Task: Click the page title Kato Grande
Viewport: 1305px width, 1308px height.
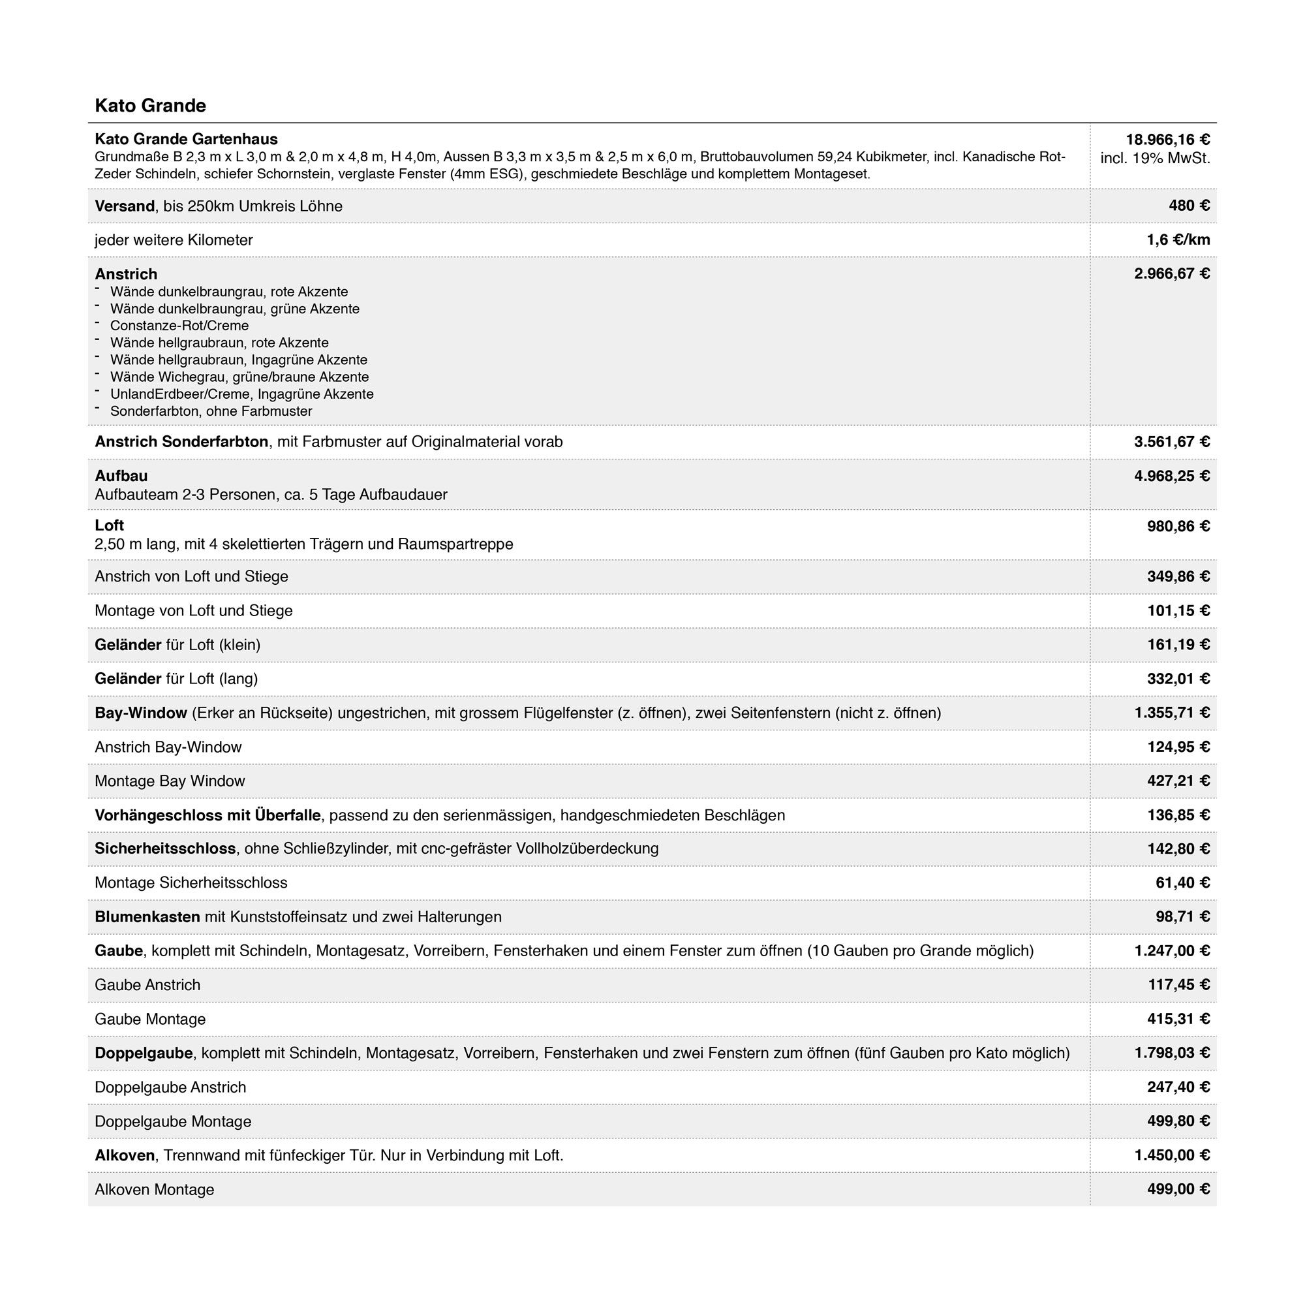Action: point(150,106)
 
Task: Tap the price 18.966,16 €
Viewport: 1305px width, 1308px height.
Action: point(1167,140)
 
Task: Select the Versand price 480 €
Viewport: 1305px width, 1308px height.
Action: point(1189,206)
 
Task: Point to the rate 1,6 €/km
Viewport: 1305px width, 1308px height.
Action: point(1178,240)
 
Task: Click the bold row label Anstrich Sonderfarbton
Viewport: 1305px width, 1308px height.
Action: point(181,442)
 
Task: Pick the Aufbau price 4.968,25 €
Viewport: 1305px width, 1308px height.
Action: point(1172,476)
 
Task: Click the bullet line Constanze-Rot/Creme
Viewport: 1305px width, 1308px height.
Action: point(179,326)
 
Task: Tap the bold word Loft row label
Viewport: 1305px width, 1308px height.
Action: point(109,525)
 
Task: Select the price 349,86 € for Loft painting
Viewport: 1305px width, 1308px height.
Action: point(1178,577)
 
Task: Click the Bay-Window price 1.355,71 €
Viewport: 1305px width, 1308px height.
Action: point(1172,713)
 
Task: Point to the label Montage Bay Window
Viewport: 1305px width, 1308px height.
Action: point(170,781)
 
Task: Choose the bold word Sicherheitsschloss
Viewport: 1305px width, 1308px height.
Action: point(165,849)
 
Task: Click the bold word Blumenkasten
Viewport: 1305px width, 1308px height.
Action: point(147,917)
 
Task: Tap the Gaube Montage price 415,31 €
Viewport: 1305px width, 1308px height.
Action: point(1178,1019)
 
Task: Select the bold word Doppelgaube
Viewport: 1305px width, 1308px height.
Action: point(144,1053)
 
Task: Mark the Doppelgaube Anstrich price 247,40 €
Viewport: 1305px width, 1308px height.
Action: point(1178,1087)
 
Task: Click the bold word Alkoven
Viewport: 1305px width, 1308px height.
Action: point(125,1156)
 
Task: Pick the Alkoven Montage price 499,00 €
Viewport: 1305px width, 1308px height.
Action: point(1178,1189)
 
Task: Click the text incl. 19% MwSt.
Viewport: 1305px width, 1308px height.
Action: point(1155,159)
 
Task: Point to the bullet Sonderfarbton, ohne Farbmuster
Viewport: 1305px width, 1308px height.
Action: point(211,412)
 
